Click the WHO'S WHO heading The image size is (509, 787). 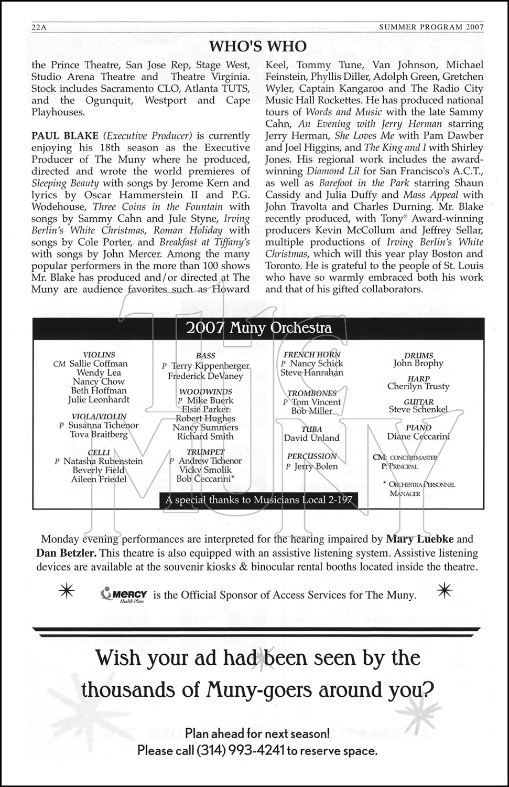[257, 47]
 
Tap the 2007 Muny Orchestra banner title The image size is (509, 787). [258, 328]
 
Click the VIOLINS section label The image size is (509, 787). [99, 355]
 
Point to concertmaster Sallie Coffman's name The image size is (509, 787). [99, 364]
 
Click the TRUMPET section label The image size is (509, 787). [205, 452]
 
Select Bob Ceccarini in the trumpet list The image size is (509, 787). [205, 479]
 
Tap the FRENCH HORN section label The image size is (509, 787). [312, 355]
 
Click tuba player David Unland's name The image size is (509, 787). [311, 438]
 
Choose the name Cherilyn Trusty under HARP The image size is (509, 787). [418, 387]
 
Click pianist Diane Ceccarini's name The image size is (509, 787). [418, 437]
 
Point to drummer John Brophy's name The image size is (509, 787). [418, 364]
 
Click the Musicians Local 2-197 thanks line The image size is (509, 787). [258, 500]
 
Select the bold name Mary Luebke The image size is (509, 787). [421, 539]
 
